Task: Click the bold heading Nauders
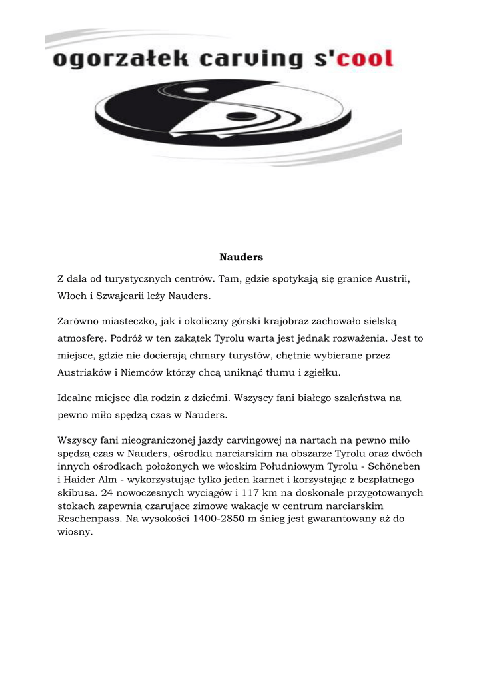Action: coord(241,256)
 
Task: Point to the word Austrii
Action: coord(391,277)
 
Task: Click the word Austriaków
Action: coord(87,372)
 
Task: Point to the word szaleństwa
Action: coord(360,398)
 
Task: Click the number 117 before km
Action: coord(256,493)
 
